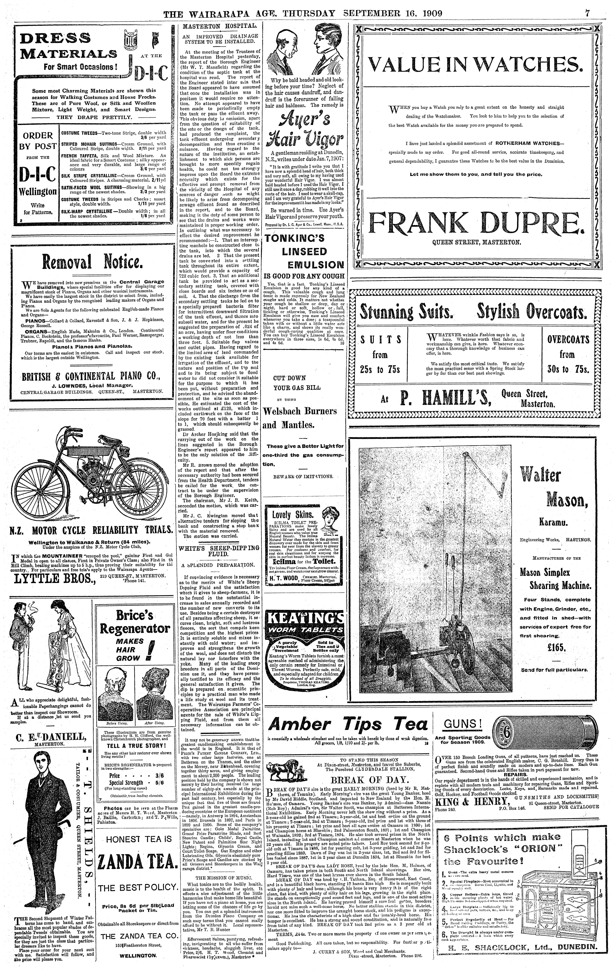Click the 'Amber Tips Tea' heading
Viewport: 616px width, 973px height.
348,724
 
